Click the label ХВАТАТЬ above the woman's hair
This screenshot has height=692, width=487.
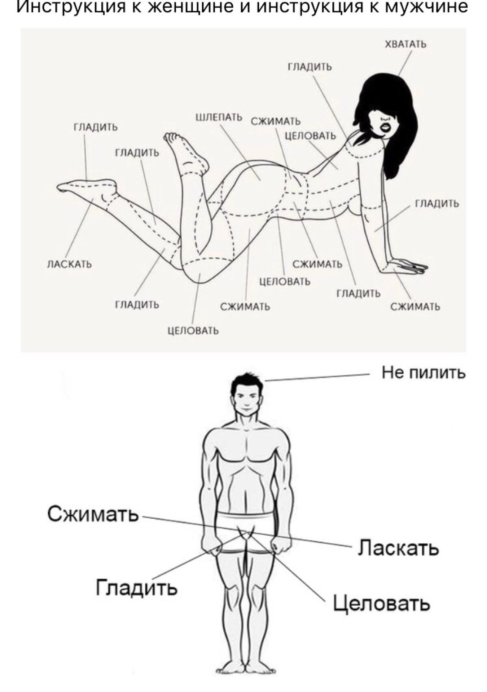[405, 44]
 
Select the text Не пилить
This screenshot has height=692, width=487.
[424, 373]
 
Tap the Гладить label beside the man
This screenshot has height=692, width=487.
[136, 587]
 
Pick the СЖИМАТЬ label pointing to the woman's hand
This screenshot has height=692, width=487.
[415, 307]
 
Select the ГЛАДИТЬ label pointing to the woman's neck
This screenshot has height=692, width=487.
[309, 67]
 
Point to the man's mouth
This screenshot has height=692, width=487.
[245, 409]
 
